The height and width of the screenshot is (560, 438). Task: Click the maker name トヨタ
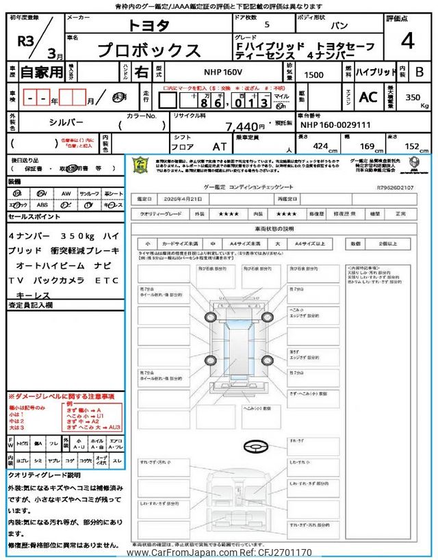point(149,25)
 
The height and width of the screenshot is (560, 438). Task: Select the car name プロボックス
point(149,50)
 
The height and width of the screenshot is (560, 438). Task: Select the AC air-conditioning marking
point(368,98)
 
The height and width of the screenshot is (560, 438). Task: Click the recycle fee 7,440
point(244,126)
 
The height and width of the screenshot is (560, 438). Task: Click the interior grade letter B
point(420,71)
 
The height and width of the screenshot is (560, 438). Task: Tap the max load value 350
point(412,98)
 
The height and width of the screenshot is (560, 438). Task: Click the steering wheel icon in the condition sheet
point(255,446)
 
